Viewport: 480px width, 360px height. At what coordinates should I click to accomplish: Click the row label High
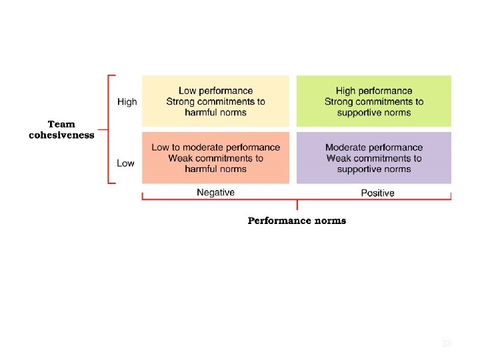tap(127, 102)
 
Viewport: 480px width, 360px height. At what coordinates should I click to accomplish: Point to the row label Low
tap(125, 163)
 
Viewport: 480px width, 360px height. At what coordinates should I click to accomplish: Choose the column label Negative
tap(215, 192)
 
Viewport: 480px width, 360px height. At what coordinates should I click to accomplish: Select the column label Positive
tap(377, 193)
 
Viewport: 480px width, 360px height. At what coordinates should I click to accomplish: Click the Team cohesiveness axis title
tap(61, 129)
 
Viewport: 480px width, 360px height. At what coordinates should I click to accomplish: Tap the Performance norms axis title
tap(297, 221)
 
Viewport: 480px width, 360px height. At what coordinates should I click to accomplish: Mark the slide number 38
tap(447, 343)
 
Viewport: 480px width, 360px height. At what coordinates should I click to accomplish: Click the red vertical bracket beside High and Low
tap(108, 129)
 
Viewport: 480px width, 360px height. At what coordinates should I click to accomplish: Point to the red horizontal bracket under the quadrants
tap(297, 199)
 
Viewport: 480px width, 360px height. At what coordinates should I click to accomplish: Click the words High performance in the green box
tap(374, 91)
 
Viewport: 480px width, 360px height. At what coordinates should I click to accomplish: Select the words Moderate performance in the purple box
tap(374, 147)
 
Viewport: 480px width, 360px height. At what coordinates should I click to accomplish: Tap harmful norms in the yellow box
tap(215, 113)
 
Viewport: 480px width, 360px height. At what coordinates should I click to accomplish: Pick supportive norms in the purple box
tap(374, 169)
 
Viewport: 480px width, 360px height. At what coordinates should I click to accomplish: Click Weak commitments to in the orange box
tap(215, 158)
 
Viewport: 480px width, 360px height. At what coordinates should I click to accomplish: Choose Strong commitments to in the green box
tap(374, 102)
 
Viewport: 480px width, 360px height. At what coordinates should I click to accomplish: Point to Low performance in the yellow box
tap(215, 91)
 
